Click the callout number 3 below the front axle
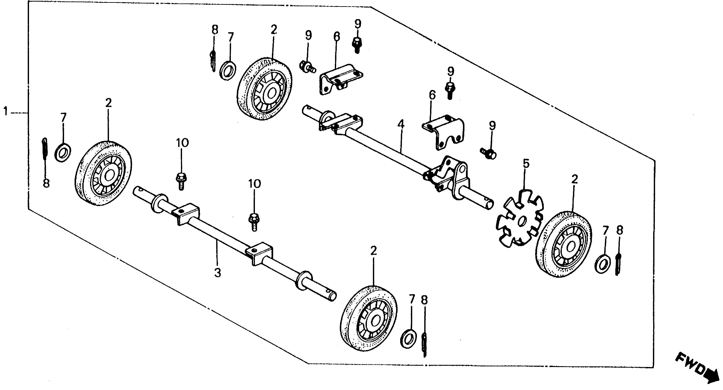click(x=218, y=272)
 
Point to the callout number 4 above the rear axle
click(x=401, y=124)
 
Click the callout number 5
click(x=526, y=163)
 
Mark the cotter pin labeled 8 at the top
click(x=213, y=61)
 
